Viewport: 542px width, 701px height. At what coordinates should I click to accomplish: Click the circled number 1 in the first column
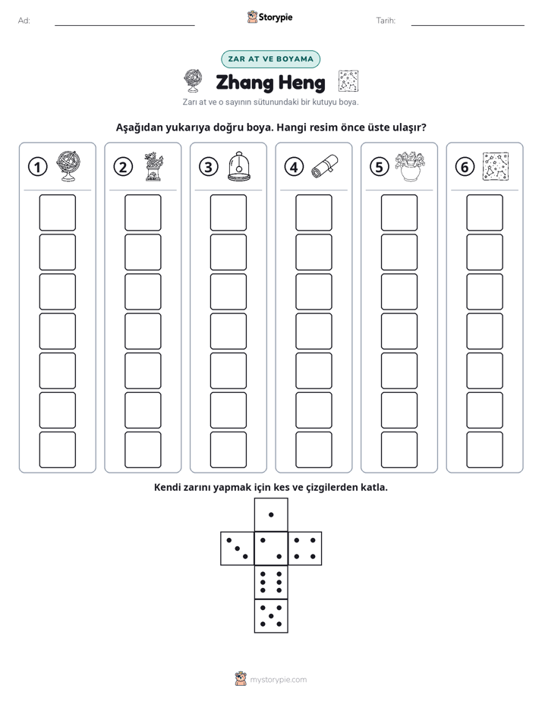pyautogui.click(x=37, y=167)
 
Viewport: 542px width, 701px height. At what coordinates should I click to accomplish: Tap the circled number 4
pyautogui.click(x=294, y=167)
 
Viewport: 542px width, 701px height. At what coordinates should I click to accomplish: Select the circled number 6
pyautogui.click(x=465, y=167)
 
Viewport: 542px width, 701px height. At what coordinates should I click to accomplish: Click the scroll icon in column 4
pyautogui.click(x=325, y=166)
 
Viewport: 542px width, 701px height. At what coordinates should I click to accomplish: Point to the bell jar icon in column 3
pyautogui.click(x=239, y=166)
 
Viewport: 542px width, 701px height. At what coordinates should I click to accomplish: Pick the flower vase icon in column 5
pyautogui.click(x=410, y=166)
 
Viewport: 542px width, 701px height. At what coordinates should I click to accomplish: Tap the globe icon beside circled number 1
pyautogui.click(x=68, y=166)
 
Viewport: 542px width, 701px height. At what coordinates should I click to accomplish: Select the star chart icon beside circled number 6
pyautogui.click(x=496, y=166)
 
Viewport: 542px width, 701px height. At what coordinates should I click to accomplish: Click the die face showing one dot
pyautogui.click(x=271, y=514)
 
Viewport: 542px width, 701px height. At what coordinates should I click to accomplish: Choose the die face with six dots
pyautogui.click(x=271, y=582)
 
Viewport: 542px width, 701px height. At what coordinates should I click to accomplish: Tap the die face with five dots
pyautogui.click(x=271, y=616)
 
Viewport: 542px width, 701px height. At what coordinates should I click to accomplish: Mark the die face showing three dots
pyautogui.click(x=238, y=548)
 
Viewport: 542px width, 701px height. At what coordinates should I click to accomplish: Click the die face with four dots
pyautogui.click(x=305, y=548)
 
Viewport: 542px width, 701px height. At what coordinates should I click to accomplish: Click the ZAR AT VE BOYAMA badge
pyautogui.click(x=270, y=59)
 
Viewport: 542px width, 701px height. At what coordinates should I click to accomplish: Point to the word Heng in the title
pyautogui.click(x=300, y=83)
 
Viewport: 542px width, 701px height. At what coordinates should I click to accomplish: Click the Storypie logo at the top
pyautogui.click(x=270, y=17)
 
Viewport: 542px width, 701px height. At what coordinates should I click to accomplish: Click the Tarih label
pyautogui.click(x=386, y=20)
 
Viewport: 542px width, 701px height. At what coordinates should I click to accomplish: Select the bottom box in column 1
pyautogui.click(x=57, y=450)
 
